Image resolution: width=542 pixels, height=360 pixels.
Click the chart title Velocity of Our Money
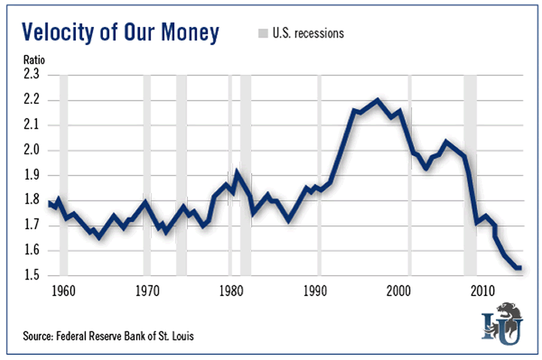120,33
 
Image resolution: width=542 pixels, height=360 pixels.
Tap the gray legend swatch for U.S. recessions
262,33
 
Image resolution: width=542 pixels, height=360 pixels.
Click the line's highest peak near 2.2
377,100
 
